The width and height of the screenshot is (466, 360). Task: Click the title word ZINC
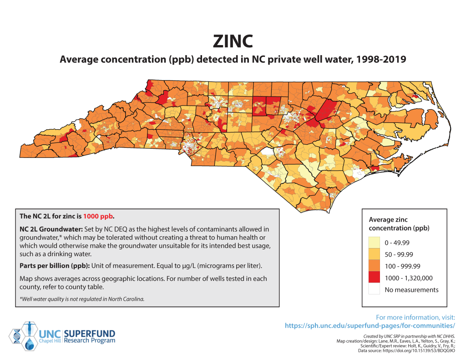pyautogui.click(x=233, y=41)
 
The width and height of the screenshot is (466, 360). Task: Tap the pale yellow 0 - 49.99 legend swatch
pyautogui.click(x=375, y=242)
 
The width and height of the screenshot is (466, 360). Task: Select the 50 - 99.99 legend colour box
pyautogui.click(x=375, y=254)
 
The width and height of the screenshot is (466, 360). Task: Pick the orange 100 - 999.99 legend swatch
pyautogui.click(x=375, y=266)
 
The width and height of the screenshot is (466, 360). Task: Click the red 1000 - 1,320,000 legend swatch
pyautogui.click(x=375, y=278)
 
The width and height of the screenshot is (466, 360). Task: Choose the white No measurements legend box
pyautogui.click(x=375, y=289)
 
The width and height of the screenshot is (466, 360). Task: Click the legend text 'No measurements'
pyautogui.click(x=411, y=290)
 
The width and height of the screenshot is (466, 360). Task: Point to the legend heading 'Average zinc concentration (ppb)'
pyautogui.click(x=399, y=224)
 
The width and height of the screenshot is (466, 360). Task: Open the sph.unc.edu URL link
pyautogui.click(x=370, y=326)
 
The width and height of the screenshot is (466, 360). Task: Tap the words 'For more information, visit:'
pyautogui.click(x=415, y=317)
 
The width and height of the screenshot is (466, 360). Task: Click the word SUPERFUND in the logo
pyautogui.click(x=91, y=333)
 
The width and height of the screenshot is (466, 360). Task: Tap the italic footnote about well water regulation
pyautogui.click(x=82, y=299)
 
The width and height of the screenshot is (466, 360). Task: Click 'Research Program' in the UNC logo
pyautogui.click(x=90, y=340)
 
